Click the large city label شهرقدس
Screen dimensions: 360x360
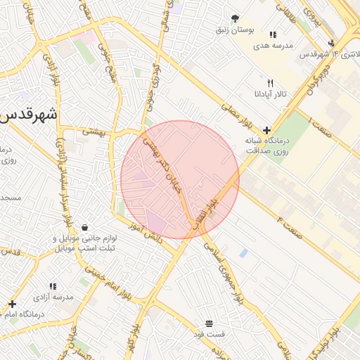tap(30, 115)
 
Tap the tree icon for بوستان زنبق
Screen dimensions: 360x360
tap(235, 19)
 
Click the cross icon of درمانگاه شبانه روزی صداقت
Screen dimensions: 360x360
tap(266, 130)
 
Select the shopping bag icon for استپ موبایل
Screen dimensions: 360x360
tap(85, 228)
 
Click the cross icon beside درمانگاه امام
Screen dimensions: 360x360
tap(12, 304)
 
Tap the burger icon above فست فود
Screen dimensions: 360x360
tap(210, 323)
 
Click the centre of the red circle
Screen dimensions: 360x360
tap(180, 179)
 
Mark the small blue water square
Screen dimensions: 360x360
tap(243, 252)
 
